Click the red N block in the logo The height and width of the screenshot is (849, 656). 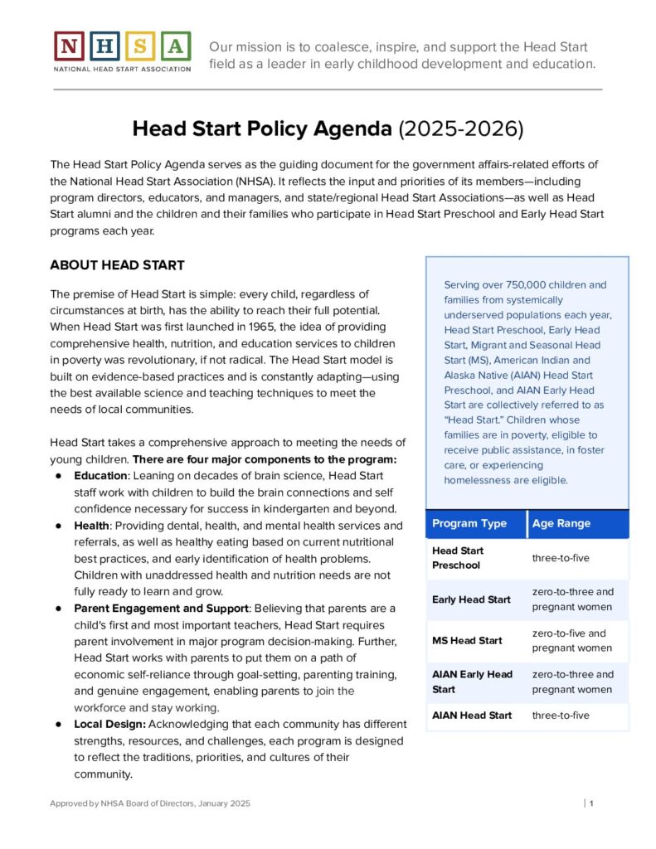(x=70, y=46)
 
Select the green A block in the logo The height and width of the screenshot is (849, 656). (x=174, y=46)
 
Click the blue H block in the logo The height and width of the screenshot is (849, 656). (x=104, y=46)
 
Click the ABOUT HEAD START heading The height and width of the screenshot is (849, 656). (x=117, y=265)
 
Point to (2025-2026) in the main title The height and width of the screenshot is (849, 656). (x=461, y=129)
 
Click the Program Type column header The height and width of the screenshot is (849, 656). (x=469, y=523)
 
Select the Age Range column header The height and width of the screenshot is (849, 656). (x=561, y=523)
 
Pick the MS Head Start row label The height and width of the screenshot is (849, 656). (x=467, y=640)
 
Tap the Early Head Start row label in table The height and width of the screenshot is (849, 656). (x=471, y=599)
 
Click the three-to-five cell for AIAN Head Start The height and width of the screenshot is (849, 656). (x=561, y=715)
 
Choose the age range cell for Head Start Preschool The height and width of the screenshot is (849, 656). (x=561, y=558)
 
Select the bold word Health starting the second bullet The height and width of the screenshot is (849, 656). (x=91, y=526)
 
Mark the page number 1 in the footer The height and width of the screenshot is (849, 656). (x=591, y=803)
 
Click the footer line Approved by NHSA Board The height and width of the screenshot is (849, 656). (x=149, y=803)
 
